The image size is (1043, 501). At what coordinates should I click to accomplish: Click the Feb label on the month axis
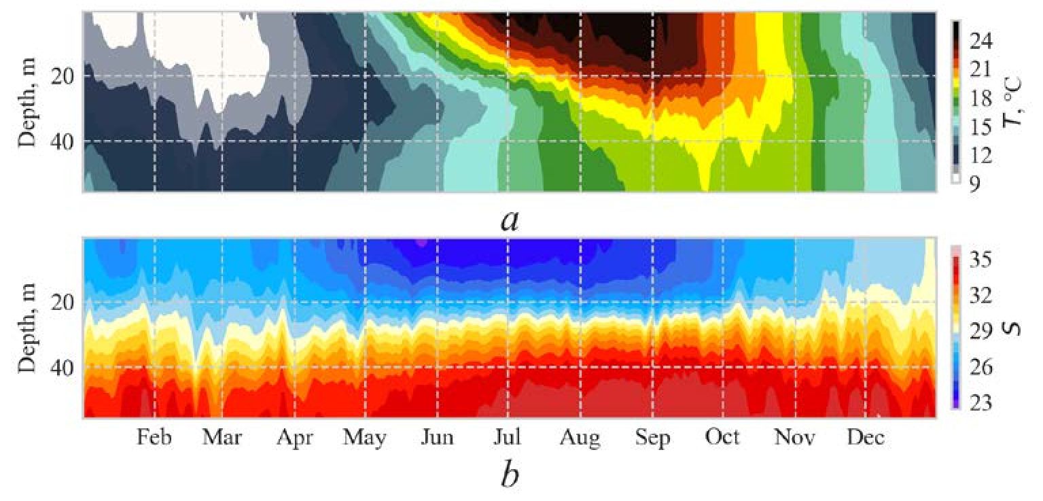[154, 438]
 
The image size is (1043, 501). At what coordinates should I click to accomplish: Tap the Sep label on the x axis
[652, 438]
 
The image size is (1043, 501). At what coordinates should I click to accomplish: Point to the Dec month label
[865, 438]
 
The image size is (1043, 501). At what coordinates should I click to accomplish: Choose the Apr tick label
[295, 438]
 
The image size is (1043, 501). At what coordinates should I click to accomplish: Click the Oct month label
[722, 438]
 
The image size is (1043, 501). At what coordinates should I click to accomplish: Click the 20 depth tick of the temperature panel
[65, 76]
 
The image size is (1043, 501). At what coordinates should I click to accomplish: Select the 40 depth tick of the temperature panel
[65, 141]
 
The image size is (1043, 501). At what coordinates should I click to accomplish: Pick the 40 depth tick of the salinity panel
[65, 368]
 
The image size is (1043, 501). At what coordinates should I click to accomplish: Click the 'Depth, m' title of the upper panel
[27, 102]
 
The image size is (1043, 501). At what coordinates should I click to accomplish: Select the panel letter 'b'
[510, 474]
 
